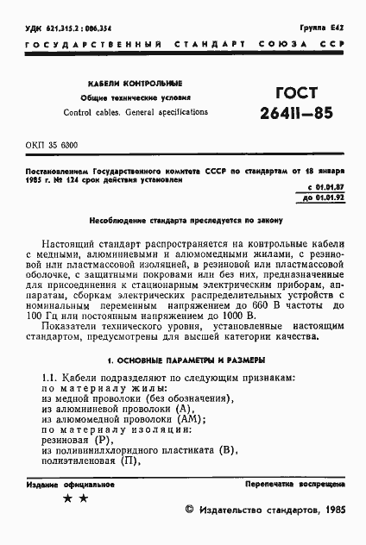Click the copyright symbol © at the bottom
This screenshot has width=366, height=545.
pos(191,511)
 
